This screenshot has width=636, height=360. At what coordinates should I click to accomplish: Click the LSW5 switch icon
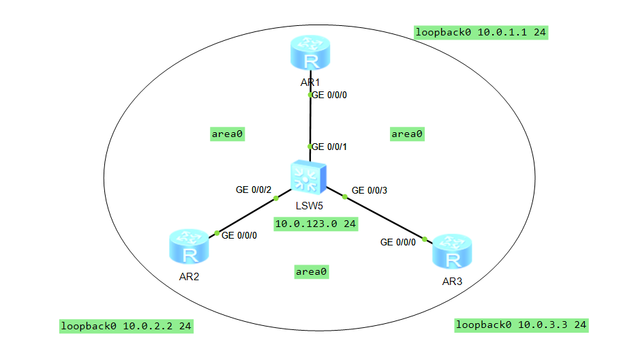309,178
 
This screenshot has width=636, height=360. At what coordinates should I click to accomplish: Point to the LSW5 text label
309,205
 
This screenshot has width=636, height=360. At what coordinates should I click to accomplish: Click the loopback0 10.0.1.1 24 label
481,32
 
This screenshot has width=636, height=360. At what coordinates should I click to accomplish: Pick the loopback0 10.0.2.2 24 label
126,327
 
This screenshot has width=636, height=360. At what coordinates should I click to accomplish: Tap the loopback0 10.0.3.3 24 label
521,325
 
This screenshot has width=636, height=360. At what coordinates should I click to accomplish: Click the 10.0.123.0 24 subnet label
316,224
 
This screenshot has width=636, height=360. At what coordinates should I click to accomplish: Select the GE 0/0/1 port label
331,147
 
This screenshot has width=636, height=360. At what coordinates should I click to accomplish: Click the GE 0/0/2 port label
254,189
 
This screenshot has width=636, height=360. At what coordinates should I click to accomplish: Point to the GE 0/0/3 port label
369,190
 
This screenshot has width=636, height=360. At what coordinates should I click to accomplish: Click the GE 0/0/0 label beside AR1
331,95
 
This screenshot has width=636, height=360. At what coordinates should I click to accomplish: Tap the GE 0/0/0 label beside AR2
239,235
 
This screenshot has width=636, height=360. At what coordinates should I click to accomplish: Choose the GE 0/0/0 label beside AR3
398,242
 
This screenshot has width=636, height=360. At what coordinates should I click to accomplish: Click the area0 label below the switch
312,271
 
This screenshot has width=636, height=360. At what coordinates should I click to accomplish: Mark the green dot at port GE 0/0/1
310,147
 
